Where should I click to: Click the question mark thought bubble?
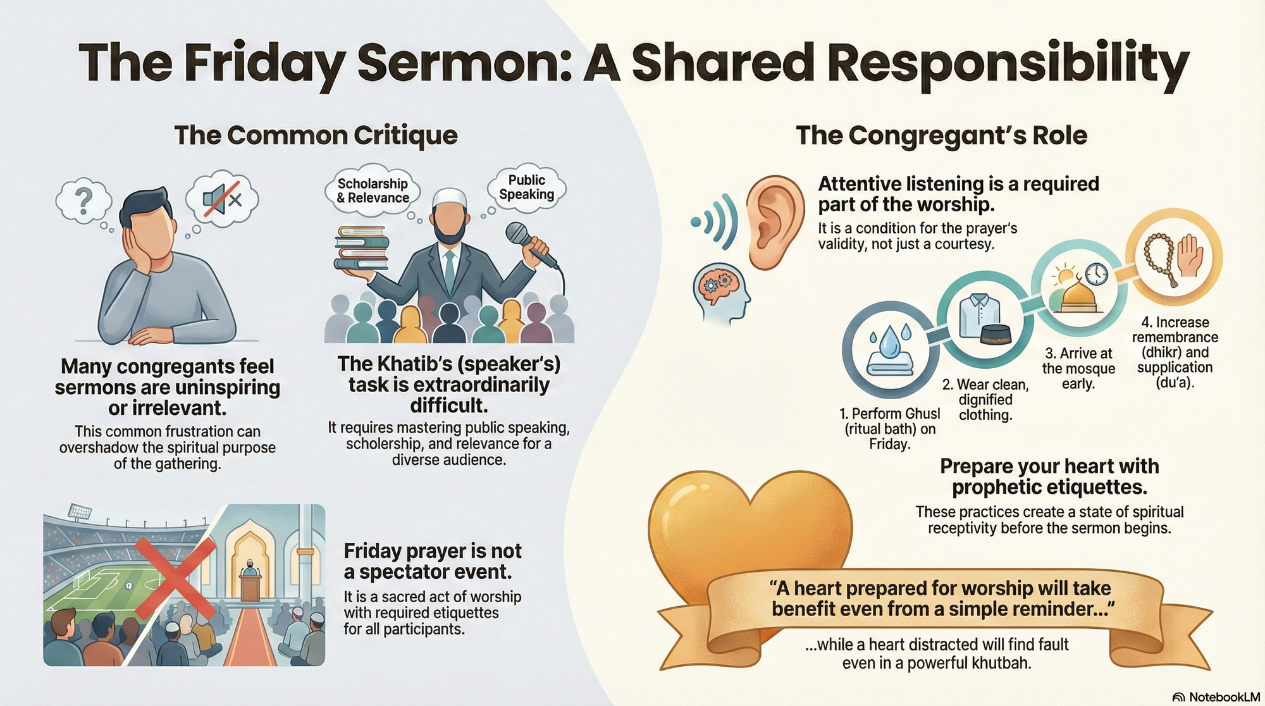(x=83, y=201)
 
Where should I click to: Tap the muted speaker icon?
(x=222, y=199)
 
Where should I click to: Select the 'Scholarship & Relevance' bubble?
(x=373, y=190)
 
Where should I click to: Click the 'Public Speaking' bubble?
(x=526, y=187)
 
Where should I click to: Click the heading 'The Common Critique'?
(x=316, y=135)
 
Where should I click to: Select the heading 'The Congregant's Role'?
(x=941, y=135)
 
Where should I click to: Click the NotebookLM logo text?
(x=1223, y=697)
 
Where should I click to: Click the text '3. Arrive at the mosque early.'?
(x=1078, y=369)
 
